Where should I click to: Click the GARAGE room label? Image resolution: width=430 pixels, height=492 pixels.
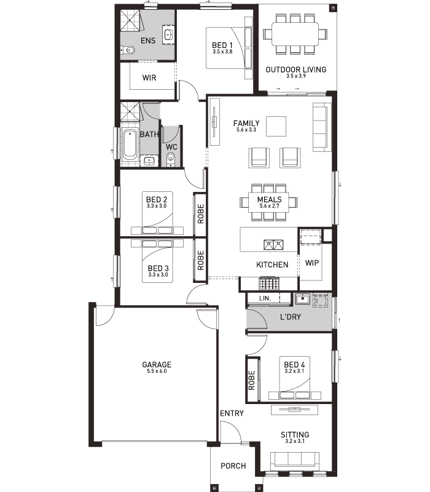pos(157,365)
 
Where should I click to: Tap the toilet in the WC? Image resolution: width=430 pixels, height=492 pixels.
pos(171,158)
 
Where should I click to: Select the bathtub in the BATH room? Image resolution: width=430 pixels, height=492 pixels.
pos(129,145)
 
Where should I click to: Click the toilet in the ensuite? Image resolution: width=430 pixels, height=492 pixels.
pos(128,50)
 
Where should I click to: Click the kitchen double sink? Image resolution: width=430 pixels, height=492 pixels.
pos(273,245)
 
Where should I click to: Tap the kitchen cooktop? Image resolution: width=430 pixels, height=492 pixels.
pos(269,284)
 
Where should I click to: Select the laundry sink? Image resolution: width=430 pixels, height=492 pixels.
pos(302,299)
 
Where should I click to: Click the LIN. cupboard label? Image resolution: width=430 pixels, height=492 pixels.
pos(265,298)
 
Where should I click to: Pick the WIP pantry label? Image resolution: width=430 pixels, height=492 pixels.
pos(312,263)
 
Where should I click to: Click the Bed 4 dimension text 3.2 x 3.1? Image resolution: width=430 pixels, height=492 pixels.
pos(294,371)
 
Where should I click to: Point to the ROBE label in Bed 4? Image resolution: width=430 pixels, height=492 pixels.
pos(252,380)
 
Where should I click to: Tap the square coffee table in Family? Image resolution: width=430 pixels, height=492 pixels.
pos(276,127)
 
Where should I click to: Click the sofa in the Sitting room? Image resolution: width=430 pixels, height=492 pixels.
pos(295,461)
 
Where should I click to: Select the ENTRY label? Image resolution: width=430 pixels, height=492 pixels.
pos(232,413)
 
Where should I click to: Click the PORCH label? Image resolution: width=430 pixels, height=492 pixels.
pos(233,466)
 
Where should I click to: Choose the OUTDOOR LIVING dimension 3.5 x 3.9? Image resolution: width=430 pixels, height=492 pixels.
pos(296,76)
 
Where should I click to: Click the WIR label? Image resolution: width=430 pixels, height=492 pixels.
pos(149,77)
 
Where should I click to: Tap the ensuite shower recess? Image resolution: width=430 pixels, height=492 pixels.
pos(130,20)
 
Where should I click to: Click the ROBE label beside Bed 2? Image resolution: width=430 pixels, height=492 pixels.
pos(201,213)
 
